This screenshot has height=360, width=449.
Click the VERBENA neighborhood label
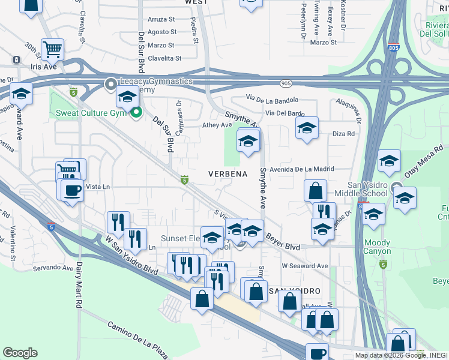pyautogui.click(x=228, y=174)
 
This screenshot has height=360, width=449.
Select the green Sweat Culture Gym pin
pyautogui.click(x=136, y=112)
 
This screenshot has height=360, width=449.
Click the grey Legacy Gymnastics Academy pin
pyautogui.click(x=110, y=84)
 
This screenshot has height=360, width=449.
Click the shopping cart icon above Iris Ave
pyautogui.click(x=53, y=49)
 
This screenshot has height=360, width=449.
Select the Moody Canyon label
pyautogui.click(x=377, y=247)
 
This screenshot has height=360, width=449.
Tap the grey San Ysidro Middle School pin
pyautogui.click(x=396, y=187)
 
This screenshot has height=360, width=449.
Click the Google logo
pyautogui.click(x=20, y=353)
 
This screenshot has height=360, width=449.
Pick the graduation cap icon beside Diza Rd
pyautogui.click(x=307, y=128)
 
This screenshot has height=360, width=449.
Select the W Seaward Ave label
pyautogui.click(x=306, y=266)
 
